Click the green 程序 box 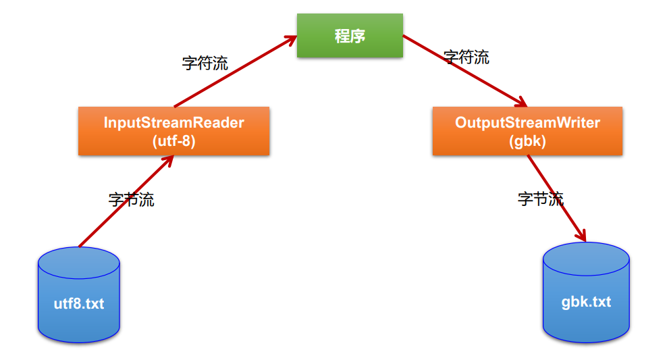(350, 35)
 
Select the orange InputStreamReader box (174, 131)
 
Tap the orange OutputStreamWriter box (527, 131)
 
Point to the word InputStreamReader (174, 122)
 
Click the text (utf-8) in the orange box (174, 141)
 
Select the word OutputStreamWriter (527, 122)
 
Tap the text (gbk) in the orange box (527, 141)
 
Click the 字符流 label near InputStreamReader (205, 63)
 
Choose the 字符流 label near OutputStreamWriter (466, 57)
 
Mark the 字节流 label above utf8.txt (132, 199)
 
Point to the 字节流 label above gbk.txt (541, 199)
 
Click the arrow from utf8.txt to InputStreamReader (126, 201)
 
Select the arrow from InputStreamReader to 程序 (235, 71)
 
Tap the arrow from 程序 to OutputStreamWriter (465, 71)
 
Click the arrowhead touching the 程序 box (292, 39)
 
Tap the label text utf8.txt (79, 303)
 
